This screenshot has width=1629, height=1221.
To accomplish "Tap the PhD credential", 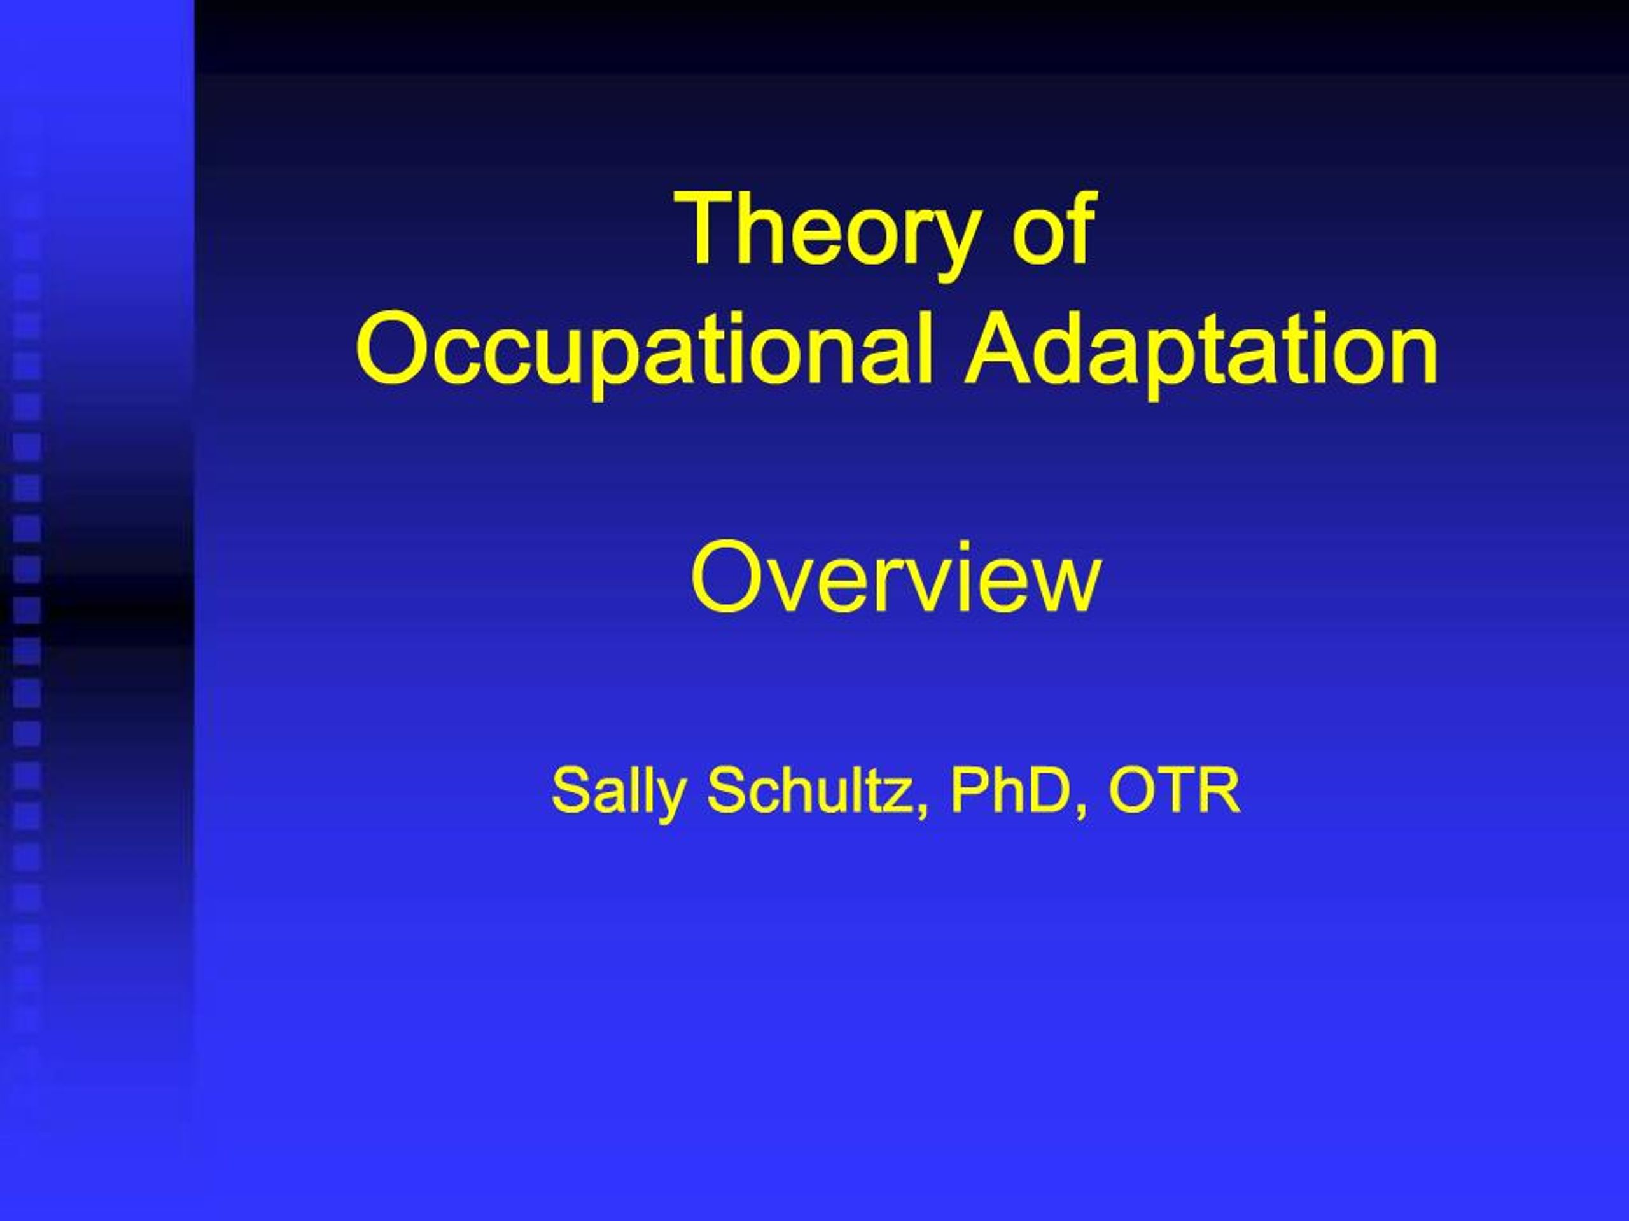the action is coord(1009,789).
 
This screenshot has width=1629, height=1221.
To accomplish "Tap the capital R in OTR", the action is coord(1221,789).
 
